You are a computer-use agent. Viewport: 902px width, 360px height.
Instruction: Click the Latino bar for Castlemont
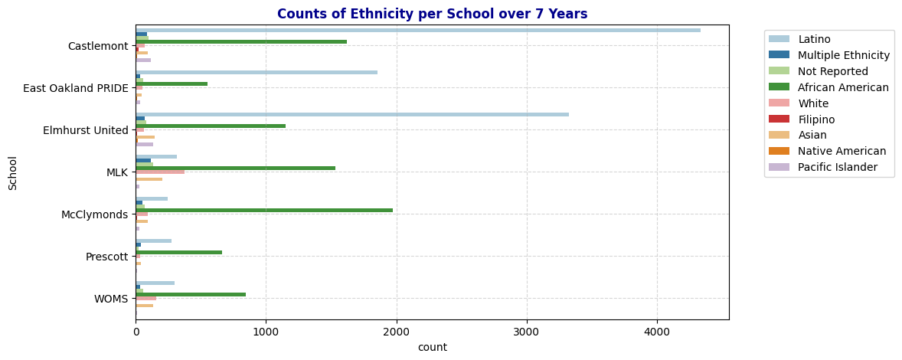418,31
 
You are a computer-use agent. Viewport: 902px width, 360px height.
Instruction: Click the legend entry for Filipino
815,119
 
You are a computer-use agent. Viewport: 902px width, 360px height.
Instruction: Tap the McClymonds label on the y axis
94,214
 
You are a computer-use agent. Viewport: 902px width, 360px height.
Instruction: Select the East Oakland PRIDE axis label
76,88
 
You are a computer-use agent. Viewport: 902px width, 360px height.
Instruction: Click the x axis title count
432,348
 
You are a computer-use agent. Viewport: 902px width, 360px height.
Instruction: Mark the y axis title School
12,172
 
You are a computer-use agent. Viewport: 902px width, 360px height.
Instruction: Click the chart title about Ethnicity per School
432,15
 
